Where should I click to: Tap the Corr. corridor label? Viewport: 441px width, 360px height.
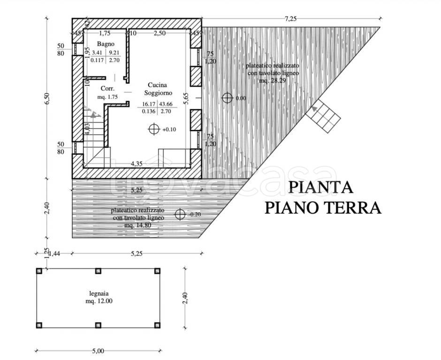click(107, 88)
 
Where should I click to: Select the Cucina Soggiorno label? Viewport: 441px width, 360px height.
click(158, 88)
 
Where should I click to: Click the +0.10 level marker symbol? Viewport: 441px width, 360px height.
click(153, 129)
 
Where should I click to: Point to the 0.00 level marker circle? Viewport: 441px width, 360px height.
click(228, 98)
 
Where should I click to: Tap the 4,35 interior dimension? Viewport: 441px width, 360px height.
click(137, 164)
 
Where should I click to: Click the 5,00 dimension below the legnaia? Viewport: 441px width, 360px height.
click(98, 351)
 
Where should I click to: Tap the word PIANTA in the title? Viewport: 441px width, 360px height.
click(320, 187)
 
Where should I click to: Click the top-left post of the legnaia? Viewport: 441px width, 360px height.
click(39, 270)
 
